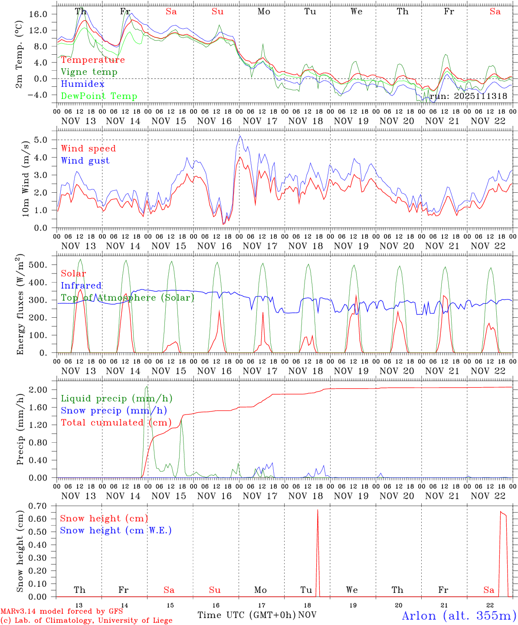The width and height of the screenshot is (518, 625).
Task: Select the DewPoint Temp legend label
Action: coord(99,96)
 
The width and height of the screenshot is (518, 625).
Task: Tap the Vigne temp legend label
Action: coord(89,72)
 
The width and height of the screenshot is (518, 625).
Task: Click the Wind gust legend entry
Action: coord(85,161)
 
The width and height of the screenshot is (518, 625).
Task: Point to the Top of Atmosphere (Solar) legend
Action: coord(127,298)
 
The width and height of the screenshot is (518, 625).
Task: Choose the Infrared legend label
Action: coord(81,286)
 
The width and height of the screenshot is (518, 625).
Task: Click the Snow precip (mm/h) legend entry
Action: coord(114,411)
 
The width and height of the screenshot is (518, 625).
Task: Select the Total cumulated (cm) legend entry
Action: coord(116,423)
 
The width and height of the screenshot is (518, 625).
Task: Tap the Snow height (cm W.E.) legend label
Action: coord(115,530)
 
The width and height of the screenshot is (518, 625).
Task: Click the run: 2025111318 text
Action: coord(468,96)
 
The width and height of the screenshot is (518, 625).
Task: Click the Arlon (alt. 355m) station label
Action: coord(459,615)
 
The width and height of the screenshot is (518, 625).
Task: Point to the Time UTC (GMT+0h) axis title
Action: coord(246,615)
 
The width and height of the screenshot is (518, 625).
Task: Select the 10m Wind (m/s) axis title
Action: coord(26,178)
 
